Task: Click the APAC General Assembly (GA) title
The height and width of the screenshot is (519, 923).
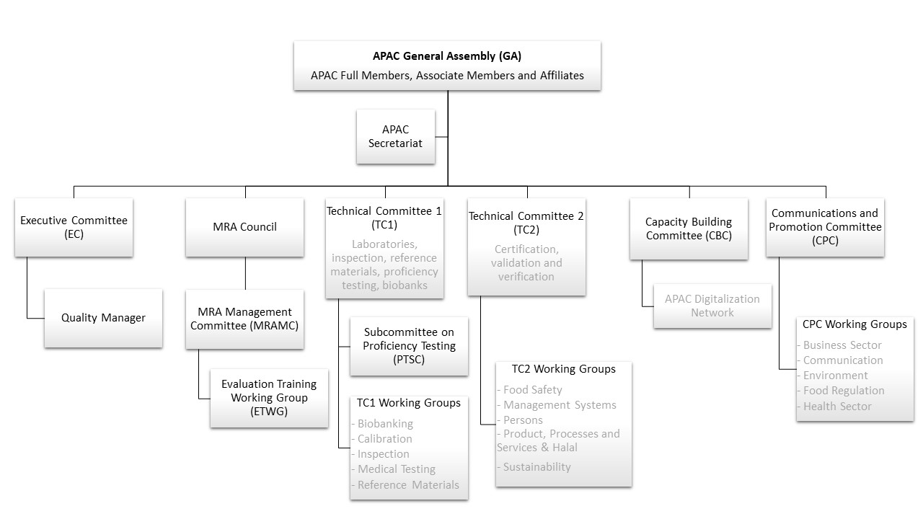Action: point(447,56)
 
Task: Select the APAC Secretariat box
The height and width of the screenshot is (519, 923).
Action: point(396,136)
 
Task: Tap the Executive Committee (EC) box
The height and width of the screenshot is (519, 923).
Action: point(74,227)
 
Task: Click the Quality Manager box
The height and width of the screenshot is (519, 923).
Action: point(103,318)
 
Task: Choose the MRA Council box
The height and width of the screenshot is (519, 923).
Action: point(244,227)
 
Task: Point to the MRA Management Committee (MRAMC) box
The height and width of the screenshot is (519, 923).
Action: point(244,318)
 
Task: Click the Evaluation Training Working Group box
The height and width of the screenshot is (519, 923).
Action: point(269,398)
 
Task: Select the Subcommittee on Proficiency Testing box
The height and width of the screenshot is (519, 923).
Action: point(409,346)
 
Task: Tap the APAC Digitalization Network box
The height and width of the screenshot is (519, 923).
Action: point(712,306)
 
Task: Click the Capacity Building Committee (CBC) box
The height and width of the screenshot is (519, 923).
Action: point(689,229)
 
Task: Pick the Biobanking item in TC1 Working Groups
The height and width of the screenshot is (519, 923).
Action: point(386,423)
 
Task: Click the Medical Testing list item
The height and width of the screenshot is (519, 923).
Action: point(397,469)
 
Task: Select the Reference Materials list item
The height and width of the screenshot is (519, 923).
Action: point(408,485)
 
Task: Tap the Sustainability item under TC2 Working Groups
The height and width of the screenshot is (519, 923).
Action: point(536,467)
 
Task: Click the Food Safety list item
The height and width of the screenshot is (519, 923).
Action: point(532,390)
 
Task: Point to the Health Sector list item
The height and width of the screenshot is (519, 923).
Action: point(837,407)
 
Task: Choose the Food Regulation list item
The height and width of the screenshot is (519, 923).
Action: point(844,391)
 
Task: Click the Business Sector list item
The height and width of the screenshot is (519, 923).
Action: point(842,345)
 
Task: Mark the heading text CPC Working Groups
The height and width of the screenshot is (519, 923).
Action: point(854,324)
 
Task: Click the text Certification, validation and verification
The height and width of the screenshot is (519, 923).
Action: point(526,263)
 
